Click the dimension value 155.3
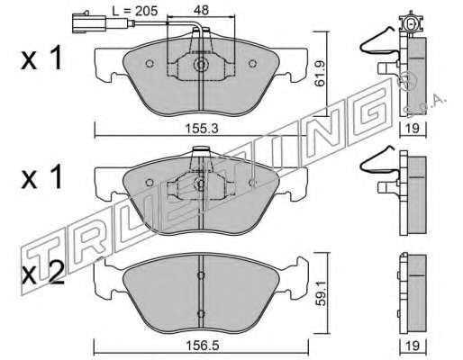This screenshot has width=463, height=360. pyautogui.click(x=202, y=129)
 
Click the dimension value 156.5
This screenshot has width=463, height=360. pyautogui.click(x=202, y=346)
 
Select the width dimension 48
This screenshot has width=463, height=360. pyautogui.click(x=201, y=10)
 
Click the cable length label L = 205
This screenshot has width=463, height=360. pyautogui.click(x=134, y=11)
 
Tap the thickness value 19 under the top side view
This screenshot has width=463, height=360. pyautogui.click(x=413, y=129)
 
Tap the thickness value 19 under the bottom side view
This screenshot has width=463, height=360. pyautogui.click(x=413, y=346)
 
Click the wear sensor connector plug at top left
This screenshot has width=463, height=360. pyautogui.click(x=89, y=23)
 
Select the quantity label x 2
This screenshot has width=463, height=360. pyautogui.click(x=42, y=273)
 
